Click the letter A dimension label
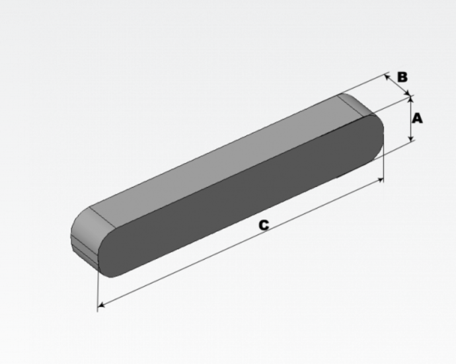[417, 119]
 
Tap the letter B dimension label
[402, 77]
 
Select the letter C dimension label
[264, 225]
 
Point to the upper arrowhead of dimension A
[410, 98]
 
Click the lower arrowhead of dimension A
[410, 138]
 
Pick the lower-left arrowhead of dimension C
[101, 305]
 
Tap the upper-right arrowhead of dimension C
[380, 180]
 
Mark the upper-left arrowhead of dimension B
[387, 77]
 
